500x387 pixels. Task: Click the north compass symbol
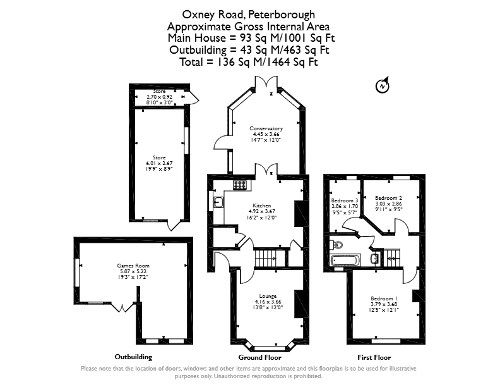point(383,85)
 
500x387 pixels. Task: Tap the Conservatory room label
point(266,128)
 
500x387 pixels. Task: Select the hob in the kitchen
point(240,185)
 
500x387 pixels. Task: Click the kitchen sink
point(218,202)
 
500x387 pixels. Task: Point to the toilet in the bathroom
point(336,245)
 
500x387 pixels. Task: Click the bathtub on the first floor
point(346,260)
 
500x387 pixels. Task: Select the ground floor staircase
point(266,257)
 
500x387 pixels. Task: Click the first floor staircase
point(392,257)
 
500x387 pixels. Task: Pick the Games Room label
point(133,266)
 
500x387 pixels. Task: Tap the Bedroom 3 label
point(345,200)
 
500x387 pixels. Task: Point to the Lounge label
point(268,296)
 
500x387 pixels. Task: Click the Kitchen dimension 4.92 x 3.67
point(262,211)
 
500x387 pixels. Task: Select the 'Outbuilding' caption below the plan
point(133,357)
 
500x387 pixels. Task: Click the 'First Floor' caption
point(374,357)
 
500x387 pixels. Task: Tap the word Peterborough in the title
point(282,15)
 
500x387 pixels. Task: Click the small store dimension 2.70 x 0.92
point(159,97)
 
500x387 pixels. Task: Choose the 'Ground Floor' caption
point(260,357)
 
